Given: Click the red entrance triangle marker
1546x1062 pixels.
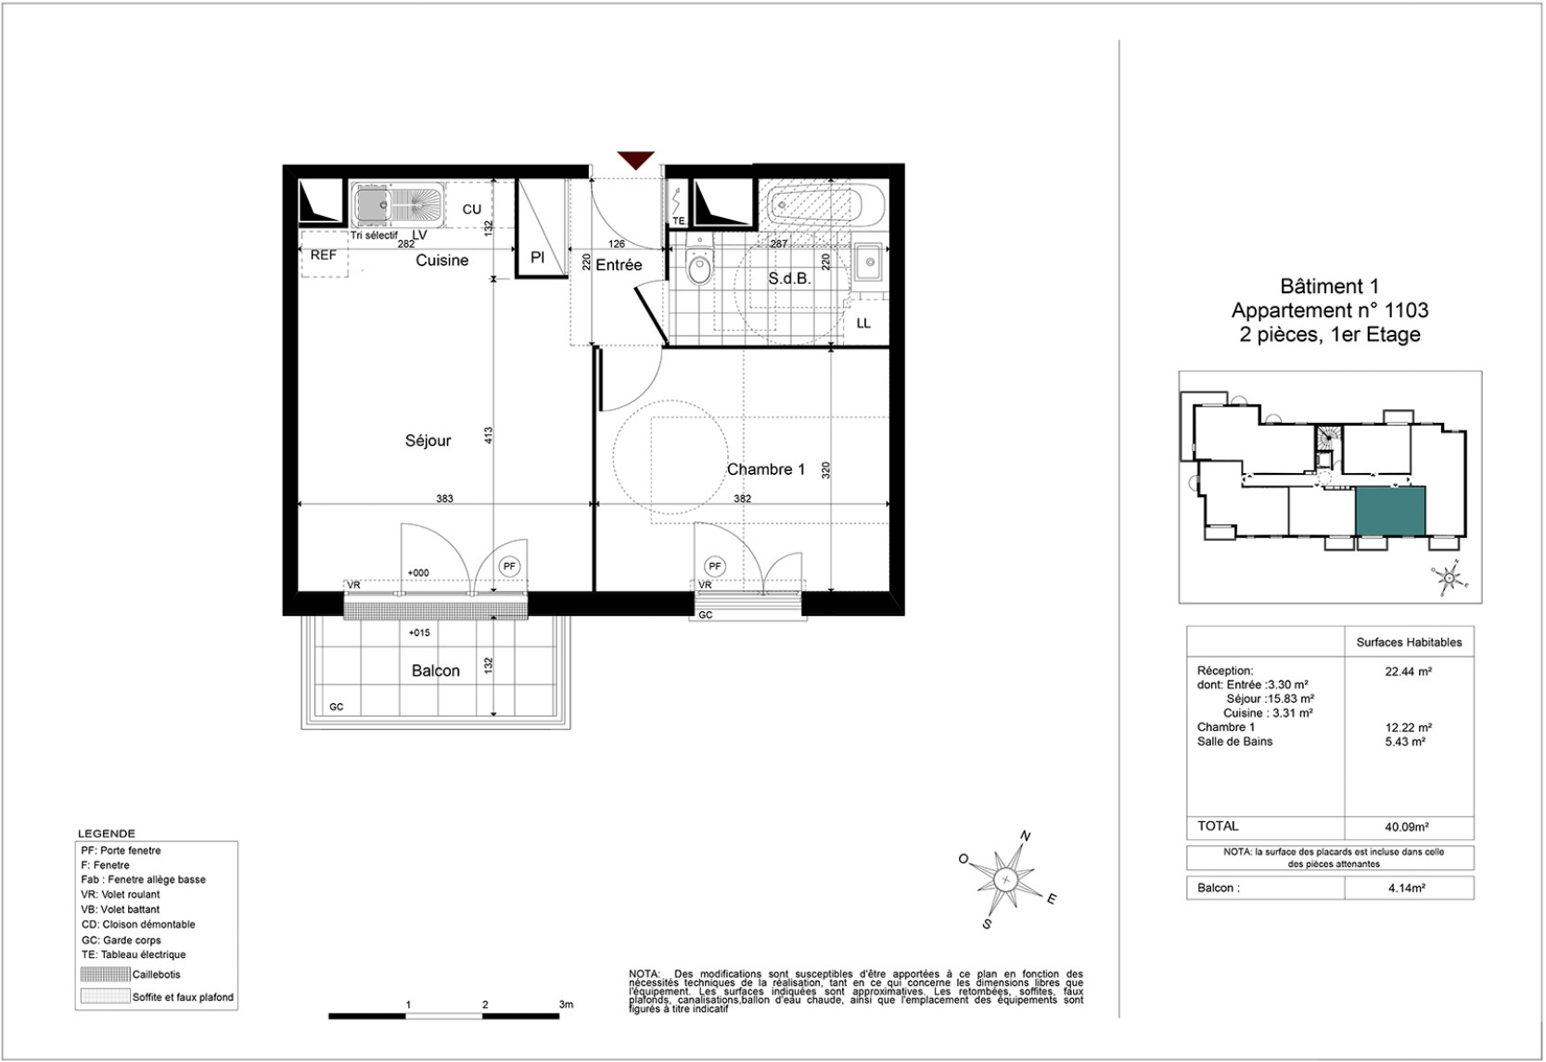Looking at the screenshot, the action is (x=635, y=160).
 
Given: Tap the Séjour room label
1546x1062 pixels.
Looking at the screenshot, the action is (x=428, y=441).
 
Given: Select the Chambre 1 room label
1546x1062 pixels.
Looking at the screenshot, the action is (x=766, y=469).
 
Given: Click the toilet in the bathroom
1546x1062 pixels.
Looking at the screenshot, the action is (x=699, y=264).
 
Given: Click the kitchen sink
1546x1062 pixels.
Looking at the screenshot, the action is (x=398, y=204).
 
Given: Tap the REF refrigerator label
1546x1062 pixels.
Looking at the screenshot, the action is (x=323, y=255).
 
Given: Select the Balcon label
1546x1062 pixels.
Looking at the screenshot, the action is (x=436, y=671).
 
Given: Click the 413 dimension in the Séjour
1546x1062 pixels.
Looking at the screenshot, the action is (x=489, y=435).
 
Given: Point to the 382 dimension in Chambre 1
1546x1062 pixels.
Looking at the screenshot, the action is (x=742, y=498).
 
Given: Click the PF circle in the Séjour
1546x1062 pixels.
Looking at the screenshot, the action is (x=509, y=567).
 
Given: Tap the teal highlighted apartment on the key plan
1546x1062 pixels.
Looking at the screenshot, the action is (x=1390, y=511).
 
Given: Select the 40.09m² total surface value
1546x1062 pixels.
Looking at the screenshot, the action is (x=1408, y=826).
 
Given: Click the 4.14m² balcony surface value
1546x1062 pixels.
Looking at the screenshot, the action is (x=1407, y=889).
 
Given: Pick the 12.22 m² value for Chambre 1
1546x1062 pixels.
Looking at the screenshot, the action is (x=1408, y=727).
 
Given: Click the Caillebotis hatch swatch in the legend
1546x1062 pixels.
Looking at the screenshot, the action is (x=105, y=975).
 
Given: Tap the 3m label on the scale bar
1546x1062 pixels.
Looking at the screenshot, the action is (x=566, y=1004).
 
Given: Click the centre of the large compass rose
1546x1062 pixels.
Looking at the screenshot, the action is (x=1006, y=879).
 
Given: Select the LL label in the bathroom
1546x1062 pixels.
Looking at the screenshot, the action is (x=863, y=323).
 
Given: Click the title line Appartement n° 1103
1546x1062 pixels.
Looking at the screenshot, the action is (x=1330, y=311).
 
